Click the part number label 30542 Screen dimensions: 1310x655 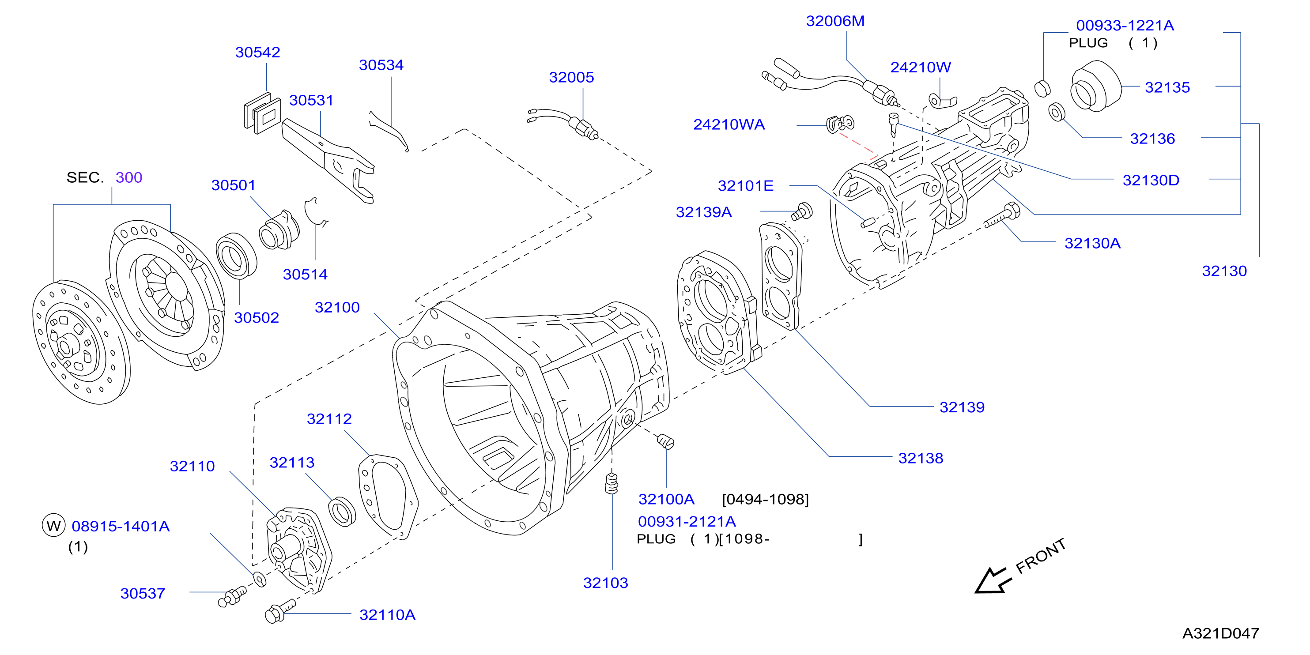257,53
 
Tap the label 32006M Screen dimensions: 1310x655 835,21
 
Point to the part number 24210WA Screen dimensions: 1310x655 729,124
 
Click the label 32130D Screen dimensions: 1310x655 1151,181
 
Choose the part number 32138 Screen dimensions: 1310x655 921,458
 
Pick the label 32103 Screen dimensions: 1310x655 605,583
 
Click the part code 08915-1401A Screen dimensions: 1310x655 121,526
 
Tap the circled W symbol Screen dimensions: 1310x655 53,526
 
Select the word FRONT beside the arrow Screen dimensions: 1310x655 1041,556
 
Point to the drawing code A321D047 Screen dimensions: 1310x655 1220,633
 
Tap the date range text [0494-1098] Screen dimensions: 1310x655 765,499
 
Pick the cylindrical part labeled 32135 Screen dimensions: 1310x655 1095,87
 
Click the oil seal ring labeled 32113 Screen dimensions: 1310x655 342,511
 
